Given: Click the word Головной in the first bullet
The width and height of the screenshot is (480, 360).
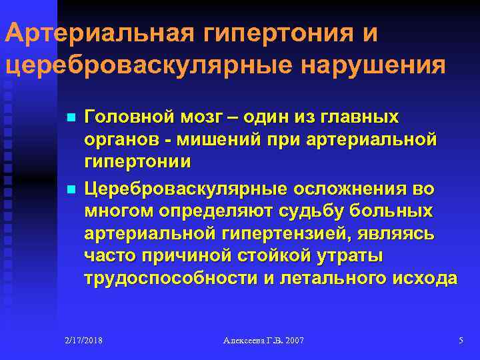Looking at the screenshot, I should click(x=127, y=117).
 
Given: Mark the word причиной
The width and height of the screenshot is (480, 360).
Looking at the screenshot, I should click(x=177, y=257).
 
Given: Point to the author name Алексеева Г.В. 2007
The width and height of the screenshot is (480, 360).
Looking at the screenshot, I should click(x=264, y=341).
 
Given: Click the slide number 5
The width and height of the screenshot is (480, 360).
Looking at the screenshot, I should click(x=461, y=341).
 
